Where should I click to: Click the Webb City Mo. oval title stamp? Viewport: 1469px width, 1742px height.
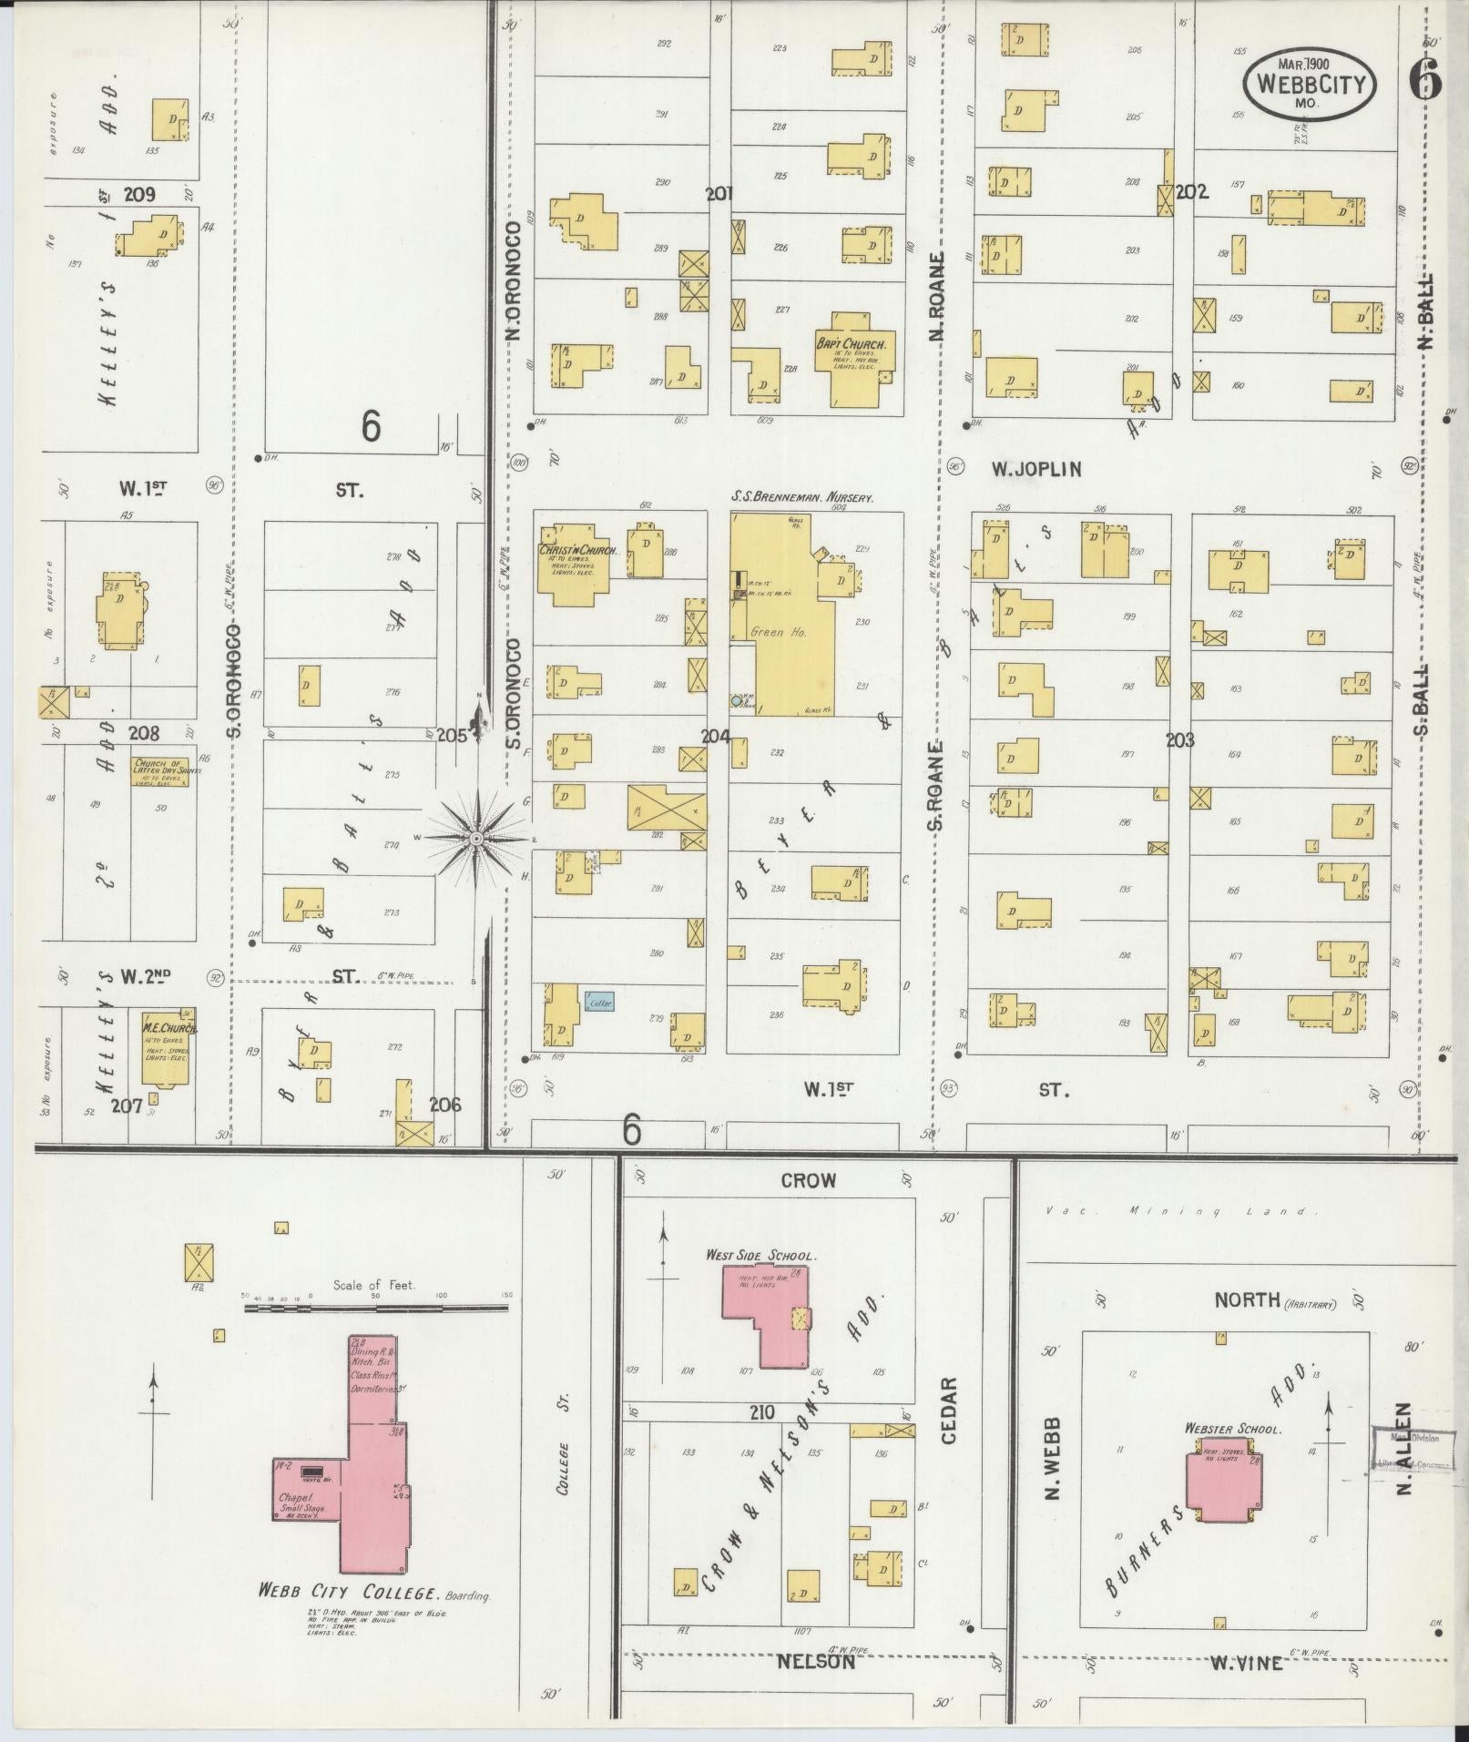[1309, 83]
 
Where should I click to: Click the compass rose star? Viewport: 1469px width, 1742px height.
[475, 836]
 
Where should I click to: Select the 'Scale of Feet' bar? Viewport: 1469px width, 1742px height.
[375, 1309]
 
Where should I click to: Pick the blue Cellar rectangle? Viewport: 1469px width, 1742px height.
[600, 1003]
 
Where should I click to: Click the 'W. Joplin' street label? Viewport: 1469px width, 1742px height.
[1036, 470]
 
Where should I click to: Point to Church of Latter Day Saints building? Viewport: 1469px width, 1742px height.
[167, 769]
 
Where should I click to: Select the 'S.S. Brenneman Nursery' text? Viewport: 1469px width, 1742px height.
[802, 498]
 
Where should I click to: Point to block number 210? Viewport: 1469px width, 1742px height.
[762, 1412]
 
